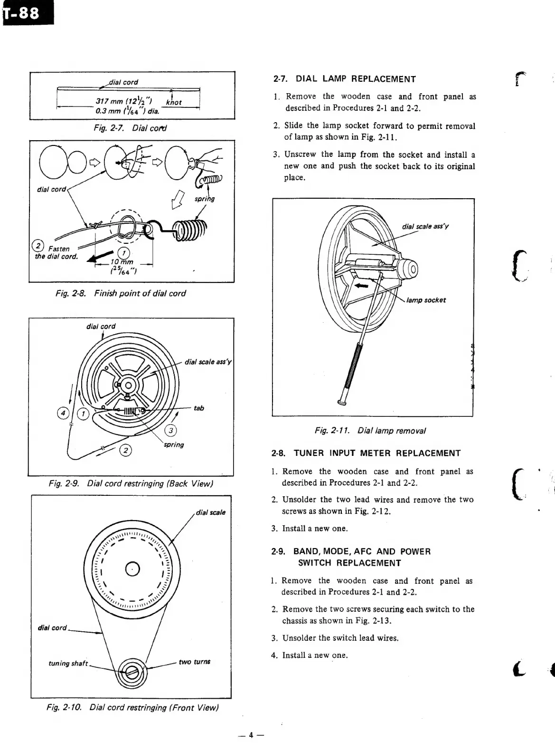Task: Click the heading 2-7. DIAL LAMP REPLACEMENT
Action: (x=345, y=79)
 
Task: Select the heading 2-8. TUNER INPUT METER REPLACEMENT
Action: (x=366, y=453)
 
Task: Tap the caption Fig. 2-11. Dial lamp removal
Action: (x=370, y=431)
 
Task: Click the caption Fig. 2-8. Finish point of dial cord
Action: (x=121, y=293)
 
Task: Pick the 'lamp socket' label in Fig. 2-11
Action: (x=426, y=300)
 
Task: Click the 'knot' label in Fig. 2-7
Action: (x=173, y=102)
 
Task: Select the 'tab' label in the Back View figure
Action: (x=199, y=408)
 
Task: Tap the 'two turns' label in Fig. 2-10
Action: (x=194, y=662)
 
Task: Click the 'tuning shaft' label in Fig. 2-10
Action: (x=68, y=663)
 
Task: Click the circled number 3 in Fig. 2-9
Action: (x=169, y=431)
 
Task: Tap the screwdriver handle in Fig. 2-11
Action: (x=353, y=371)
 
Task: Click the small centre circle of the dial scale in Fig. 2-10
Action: (x=132, y=569)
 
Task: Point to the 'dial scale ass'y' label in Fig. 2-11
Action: (x=425, y=226)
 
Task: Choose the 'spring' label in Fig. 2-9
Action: (x=174, y=444)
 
